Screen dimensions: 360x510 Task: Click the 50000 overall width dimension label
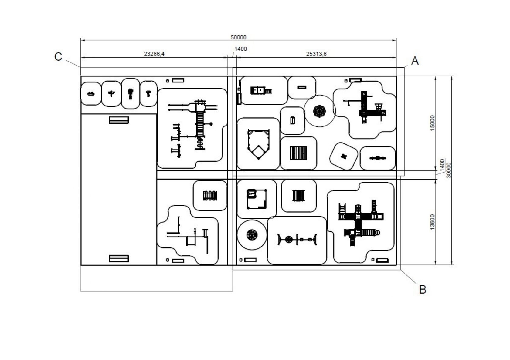(238, 37)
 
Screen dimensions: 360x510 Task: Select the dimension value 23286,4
(154, 54)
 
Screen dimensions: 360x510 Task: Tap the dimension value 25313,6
(316, 54)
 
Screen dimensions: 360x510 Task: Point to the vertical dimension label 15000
(433, 123)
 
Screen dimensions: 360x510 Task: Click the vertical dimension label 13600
(433, 222)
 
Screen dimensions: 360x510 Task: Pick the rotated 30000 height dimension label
(449, 170)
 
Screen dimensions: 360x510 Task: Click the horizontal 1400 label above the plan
(240, 49)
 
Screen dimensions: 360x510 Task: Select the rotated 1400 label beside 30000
(442, 164)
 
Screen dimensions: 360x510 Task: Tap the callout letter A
(415, 61)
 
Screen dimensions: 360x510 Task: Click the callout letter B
(423, 290)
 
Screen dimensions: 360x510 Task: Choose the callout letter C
(58, 57)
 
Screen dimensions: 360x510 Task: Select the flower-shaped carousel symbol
(319, 111)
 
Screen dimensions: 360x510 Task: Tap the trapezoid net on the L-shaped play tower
(378, 107)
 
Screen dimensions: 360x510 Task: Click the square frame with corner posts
(257, 199)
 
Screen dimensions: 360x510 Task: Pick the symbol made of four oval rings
(210, 196)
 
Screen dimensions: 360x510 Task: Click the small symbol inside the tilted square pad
(344, 156)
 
